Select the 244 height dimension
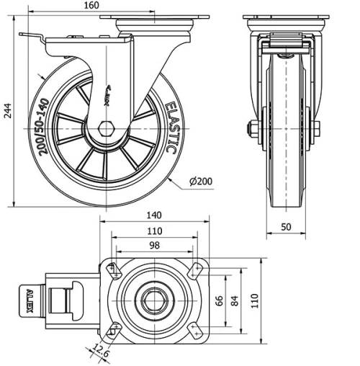pos(6,110)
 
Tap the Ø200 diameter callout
pos(202,182)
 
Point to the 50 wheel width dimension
pos(287,226)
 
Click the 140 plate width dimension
pos(153,215)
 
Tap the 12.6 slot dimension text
pos(101,352)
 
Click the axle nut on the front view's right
pos(316,130)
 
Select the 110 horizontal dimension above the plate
pos(153,231)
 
